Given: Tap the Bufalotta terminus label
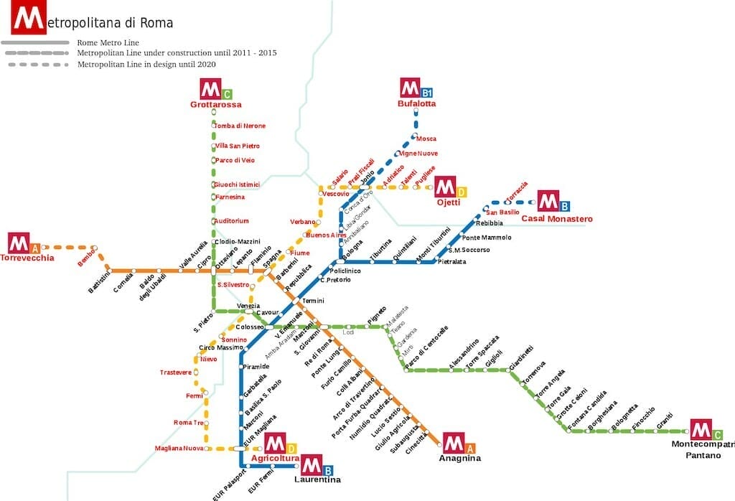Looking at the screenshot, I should pyautogui.click(x=416, y=104).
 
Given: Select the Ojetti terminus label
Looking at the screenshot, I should pyautogui.click(x=448, y=202).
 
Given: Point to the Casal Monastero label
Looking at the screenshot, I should pyautogui.click(x=557, y=218).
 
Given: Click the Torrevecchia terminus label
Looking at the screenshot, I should pyautogui.click(x=27, y=258).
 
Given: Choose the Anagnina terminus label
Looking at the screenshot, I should pyautogui.click(x=459, y=458).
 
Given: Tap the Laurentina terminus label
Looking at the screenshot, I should pyautogui.click(x=317, y=479).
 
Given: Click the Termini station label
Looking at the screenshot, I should pyautogui.click(x=314, y=300).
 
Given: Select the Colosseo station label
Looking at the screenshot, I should pyautogui.click(x=250, y=327).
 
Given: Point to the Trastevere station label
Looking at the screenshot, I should pyautogui.click(x=176, y=373).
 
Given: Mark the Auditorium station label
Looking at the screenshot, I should pyautogui.click(x=232, y=220).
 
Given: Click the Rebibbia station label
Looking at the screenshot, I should pyautogui.click(x=490, y=223).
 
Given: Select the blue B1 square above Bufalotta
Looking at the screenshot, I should pyautogui.click(x=427, y=93).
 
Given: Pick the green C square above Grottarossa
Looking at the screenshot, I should pyautogui.click(x=227, y=94).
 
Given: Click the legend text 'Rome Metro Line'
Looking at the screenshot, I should pyautogui.click(x=108, y=43).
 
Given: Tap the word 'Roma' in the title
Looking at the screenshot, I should pyautogui.click(x=156, y=23).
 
